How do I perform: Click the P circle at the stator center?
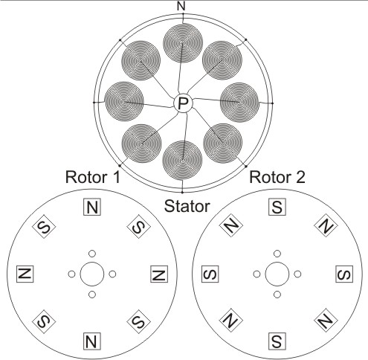(183, 103)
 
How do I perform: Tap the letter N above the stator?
(181, 6)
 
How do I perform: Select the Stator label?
(187, 206)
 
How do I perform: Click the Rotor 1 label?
(93, 177)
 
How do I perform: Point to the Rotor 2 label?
(277, 177)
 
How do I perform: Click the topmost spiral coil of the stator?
(183, 43)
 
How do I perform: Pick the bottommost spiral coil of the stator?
(182, 161)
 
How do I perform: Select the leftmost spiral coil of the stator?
(124, 101)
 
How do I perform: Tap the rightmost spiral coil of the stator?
(239, 103)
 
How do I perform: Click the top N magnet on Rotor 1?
(92, 207)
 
